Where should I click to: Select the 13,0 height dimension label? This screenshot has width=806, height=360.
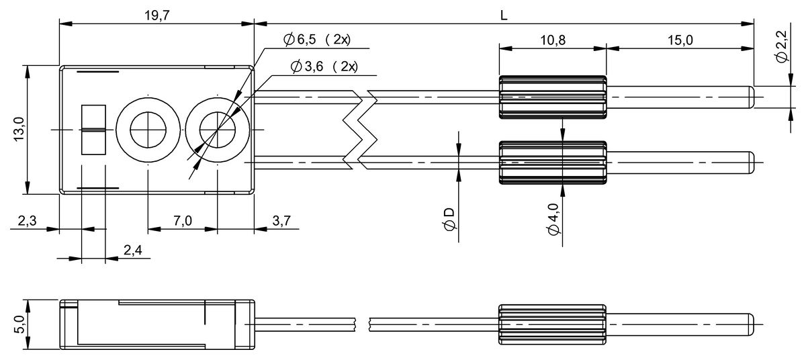(18, 129)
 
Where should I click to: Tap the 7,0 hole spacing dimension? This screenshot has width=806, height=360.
(182, 220)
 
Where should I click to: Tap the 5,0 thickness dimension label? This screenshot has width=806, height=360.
(18, 324)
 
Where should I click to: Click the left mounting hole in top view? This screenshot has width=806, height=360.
(146, 129)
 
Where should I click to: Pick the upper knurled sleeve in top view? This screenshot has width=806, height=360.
(552, 97)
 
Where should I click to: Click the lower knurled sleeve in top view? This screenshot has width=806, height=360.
(552, 163)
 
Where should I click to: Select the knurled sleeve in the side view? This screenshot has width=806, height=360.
(552, 324)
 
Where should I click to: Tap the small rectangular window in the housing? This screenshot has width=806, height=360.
(93, 129)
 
